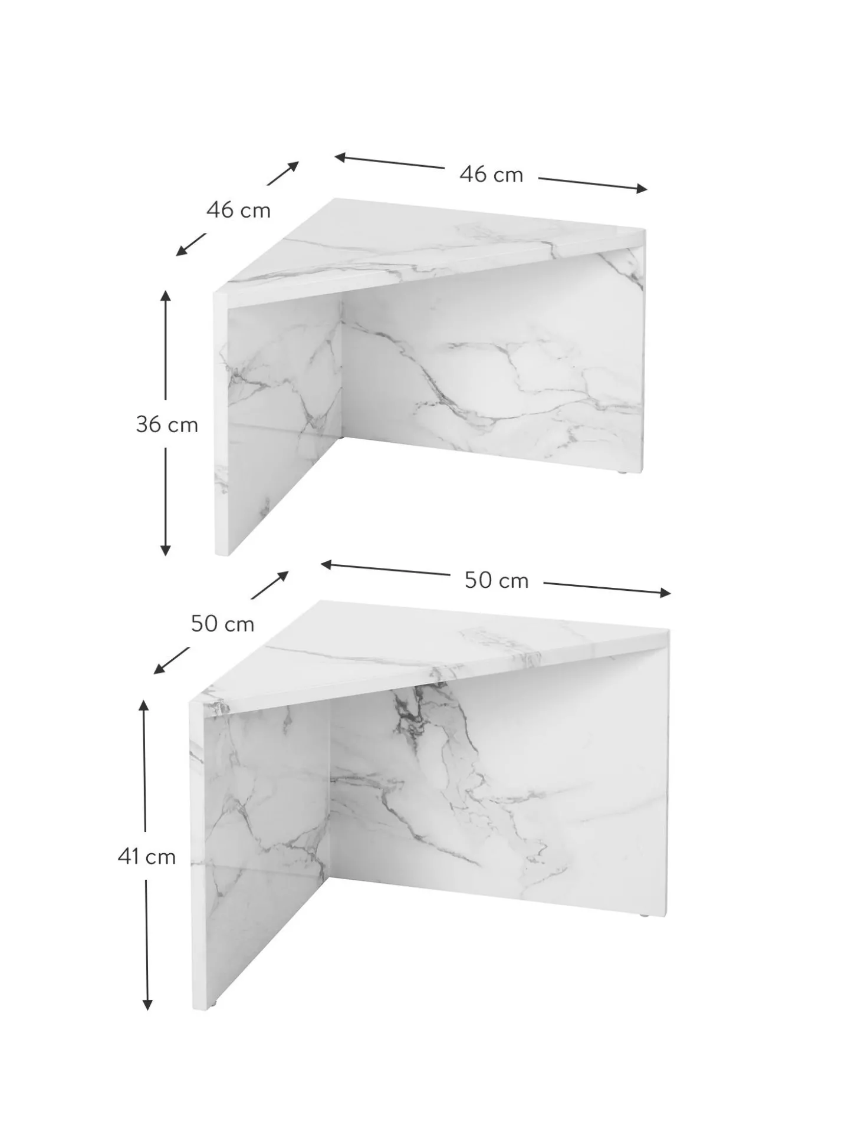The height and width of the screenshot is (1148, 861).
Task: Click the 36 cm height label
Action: (x=167, y=425)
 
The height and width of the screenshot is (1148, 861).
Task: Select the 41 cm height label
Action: (x=147, y=857)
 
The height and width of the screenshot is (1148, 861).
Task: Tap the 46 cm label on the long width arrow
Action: (x=491, y=175)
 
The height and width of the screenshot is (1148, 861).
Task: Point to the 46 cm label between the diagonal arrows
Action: (x=238, y=210)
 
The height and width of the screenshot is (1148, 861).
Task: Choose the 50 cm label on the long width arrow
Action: (x=497, y=581)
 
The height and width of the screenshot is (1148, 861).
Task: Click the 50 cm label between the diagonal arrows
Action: (x=222, y=624)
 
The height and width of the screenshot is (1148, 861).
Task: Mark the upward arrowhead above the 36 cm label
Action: (x=165, y=296)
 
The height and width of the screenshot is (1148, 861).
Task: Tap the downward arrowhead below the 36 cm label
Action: (x=165, y=550)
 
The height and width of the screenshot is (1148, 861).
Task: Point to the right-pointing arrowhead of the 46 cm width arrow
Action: (x=641, y=189)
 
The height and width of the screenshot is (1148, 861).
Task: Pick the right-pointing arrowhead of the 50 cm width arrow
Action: (x=664, y=593)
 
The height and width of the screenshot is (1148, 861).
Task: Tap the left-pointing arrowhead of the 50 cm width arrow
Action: (x=327, y=565)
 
